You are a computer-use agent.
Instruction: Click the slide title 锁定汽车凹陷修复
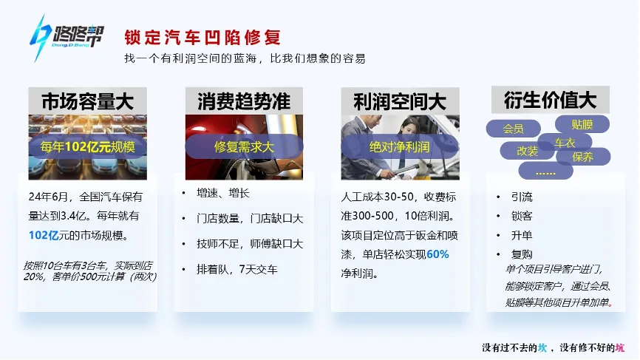coord(202,36)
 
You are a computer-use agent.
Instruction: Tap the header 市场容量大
coord(87,101)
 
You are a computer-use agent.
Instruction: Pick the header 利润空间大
coord(400,101)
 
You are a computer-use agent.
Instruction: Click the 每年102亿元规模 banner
coord(87,146)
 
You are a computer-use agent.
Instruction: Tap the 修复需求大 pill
coord(244,146)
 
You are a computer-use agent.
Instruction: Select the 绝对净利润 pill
coord(400,146)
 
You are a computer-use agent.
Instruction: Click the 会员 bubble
coord(513,129)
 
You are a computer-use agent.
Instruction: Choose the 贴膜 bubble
coord(582,123)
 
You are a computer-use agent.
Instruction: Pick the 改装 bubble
coord(528,151)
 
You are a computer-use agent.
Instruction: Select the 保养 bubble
coord(583,157)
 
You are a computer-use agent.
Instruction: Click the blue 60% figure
coord(438,254)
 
